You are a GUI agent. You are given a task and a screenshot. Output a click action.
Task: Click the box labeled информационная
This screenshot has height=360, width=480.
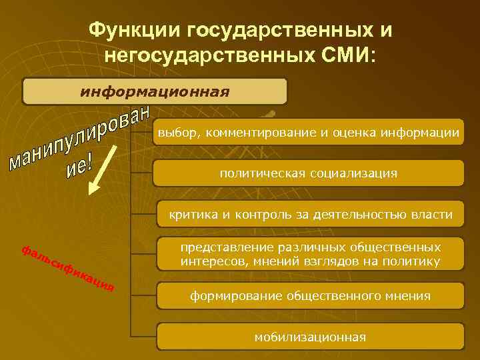tap(155, 91)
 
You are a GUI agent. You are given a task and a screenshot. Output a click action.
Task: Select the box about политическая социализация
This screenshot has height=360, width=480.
tap(309, 173)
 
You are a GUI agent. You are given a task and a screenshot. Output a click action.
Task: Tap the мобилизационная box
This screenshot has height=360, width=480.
tap(310, 337)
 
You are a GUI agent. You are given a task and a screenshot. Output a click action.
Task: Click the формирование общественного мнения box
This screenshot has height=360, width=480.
tap(310, 295)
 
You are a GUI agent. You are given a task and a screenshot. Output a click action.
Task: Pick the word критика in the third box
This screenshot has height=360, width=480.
tap(190, 215)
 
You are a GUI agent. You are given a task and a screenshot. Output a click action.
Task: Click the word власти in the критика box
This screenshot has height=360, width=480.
tap(433, 215)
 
